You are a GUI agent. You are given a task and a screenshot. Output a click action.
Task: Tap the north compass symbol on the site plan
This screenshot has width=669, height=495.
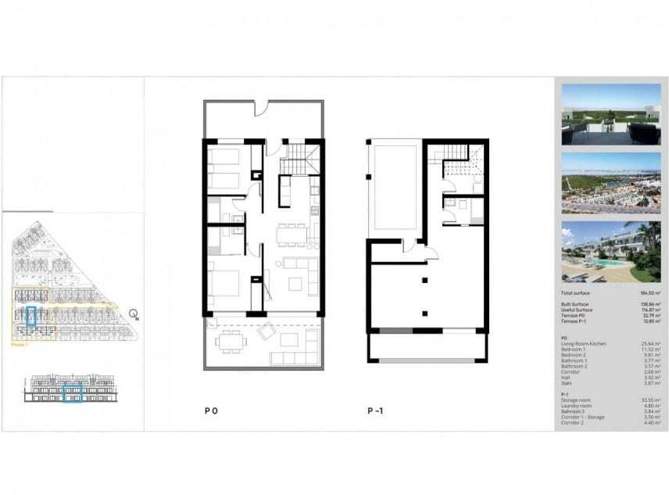134,315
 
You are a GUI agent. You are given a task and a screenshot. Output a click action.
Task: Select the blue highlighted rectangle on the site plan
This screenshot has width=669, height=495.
32,316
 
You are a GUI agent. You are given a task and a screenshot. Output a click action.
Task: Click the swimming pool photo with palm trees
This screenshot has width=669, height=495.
611,252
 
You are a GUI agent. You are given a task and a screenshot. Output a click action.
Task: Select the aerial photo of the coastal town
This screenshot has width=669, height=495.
611,183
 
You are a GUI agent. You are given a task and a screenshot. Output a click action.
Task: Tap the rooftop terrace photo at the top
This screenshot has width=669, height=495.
611,114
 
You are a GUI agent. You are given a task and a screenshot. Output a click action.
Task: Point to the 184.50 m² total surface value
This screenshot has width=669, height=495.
653,292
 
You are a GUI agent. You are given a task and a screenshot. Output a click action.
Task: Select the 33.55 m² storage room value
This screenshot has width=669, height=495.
653,400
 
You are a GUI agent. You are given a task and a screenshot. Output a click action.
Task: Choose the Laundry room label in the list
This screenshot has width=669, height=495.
576,405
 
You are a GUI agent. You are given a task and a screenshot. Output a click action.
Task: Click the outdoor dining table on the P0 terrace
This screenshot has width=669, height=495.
231,340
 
